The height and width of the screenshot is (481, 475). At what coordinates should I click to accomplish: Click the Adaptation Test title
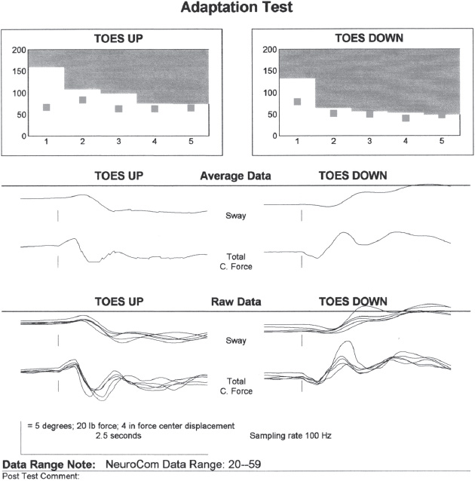coord(237,8)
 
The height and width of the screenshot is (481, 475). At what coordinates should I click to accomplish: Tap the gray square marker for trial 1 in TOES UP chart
coord(47,108)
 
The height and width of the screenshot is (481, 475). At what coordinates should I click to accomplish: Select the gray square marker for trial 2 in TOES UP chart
coord(83,100)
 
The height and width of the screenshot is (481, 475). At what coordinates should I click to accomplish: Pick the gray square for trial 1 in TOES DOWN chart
coord(297,102)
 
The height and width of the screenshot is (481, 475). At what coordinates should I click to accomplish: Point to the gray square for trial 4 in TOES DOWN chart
coord(406,118)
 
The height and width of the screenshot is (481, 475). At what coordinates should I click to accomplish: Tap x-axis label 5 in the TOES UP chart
coord(191,142)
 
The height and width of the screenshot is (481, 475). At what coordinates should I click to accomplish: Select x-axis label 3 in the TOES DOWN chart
coord(369,142)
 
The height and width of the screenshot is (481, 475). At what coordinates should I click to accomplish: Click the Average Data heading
coord(235,176)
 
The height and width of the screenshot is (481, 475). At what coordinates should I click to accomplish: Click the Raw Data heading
coord(235,302)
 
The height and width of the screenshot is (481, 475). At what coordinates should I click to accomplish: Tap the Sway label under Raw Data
coord(236,341)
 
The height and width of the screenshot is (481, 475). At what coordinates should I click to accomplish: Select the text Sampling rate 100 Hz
coord(290,435)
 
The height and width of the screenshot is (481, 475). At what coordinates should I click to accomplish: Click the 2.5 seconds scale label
coord(119,435)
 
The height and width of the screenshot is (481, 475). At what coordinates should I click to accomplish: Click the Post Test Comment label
coord(41,476)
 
